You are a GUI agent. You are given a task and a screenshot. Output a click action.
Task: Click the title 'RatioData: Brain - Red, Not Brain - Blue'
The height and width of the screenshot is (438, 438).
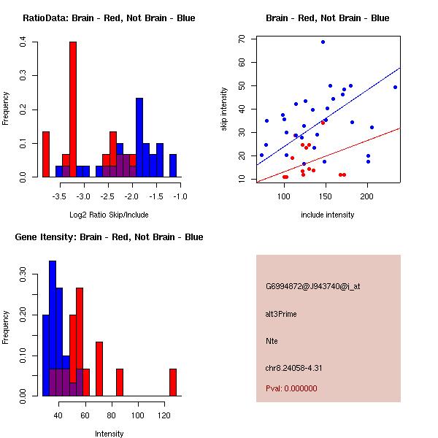coord(109,18)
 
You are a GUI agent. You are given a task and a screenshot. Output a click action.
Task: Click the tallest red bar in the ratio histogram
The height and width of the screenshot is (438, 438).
coord(73,109)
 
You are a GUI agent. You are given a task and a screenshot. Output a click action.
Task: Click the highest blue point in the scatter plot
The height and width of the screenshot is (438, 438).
coord(323,42)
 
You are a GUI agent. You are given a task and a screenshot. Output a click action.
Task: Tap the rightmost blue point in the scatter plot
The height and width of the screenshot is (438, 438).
coord(395,87)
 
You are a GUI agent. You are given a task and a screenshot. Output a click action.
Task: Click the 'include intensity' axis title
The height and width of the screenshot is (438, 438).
coord(328,215)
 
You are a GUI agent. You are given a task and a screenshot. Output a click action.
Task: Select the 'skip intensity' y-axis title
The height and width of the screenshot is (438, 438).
coord(225,109)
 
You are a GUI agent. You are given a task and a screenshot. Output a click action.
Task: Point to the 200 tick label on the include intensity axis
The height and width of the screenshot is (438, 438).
coord(367,196)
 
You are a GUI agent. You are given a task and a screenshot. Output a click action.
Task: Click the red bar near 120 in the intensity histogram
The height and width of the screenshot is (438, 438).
coord(173,382)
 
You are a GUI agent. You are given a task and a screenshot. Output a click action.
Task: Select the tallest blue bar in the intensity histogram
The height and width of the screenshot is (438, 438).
coord(53,328)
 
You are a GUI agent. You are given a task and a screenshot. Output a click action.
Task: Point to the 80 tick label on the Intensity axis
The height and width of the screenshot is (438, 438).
coord(111,415)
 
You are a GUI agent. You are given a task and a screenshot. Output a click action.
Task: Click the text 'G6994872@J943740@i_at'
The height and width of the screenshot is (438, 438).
coord(312,286)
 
